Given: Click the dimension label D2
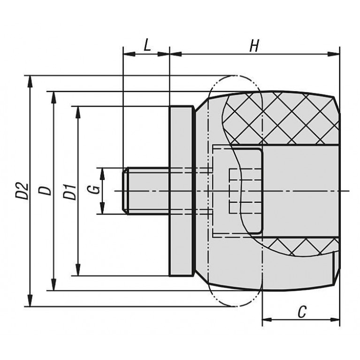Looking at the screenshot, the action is coord(22,191).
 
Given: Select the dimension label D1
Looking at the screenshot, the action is coord(70,191).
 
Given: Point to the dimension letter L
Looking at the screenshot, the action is coord(147,45).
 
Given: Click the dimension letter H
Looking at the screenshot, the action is coord(254,46).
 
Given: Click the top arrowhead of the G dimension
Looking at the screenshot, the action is coord(102,174).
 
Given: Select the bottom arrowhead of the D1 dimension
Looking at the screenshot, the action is coord(78,270).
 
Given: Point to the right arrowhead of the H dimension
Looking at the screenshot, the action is coord(333,54).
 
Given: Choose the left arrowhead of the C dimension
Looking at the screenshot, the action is coord(268,319).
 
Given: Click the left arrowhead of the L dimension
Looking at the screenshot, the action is coord(129,54).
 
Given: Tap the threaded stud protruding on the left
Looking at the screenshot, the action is coord(146,191).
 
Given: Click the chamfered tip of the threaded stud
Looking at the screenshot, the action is coord(125,191).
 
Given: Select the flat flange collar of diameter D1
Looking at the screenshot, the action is coord(181,191).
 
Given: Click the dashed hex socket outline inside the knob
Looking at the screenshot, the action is coord(245,191).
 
